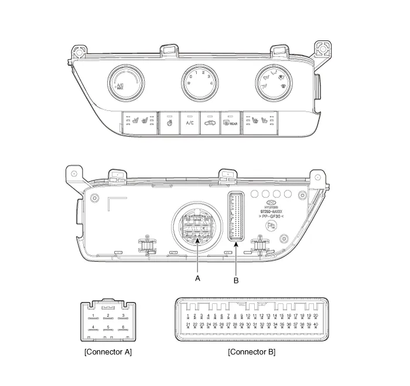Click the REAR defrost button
click(230, 123)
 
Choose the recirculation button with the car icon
click(209, 123)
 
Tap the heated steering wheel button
click(169, 123)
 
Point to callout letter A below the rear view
click(197, 279)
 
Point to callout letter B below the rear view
click(236, 281)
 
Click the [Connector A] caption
click(108, 352)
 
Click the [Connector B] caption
click(251, 352)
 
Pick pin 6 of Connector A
click(123, 327)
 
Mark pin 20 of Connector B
click(316, 316)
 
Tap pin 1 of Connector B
click(188, 316)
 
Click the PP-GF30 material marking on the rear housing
click(272, 216)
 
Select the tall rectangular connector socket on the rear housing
click(235, 216)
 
